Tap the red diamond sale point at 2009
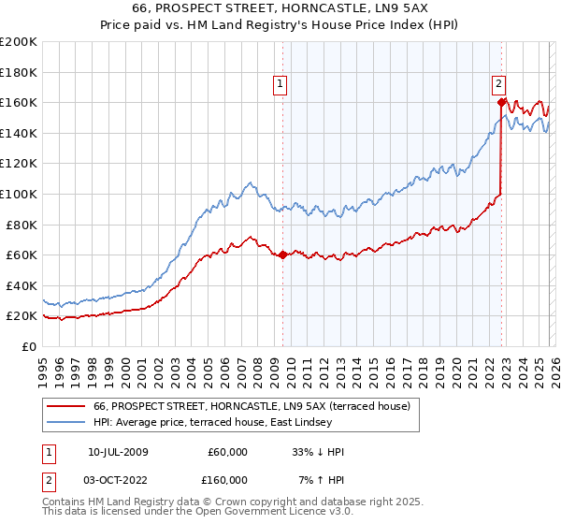click(282, 255)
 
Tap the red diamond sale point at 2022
click(502, 102)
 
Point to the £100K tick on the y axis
click(18, 194)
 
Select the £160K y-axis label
click(18, 102)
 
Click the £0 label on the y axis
click(28, 346)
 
